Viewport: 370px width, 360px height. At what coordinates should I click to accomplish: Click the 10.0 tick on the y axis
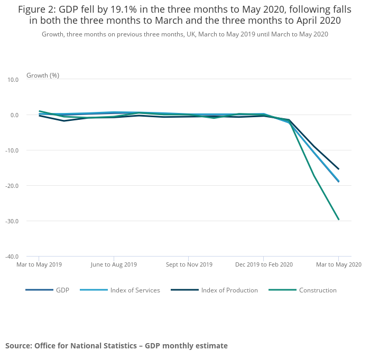tap(13, 80)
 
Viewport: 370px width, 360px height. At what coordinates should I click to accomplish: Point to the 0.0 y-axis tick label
tap(14, 115)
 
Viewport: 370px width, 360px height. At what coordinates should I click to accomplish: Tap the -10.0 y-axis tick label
tap(12, 150)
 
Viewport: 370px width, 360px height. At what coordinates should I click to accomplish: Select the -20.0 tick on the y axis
tap(12, 186)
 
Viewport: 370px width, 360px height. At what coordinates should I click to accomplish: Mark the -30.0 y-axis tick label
tap(12, 221)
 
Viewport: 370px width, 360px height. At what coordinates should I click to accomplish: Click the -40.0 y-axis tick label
tap(12, 257)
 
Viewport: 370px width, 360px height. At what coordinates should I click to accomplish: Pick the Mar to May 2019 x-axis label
tap(39, 264)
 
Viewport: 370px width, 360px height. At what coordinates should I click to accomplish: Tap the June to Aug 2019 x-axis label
tap(114, 264)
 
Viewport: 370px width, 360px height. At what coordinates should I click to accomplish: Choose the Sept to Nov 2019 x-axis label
tap(189, 264)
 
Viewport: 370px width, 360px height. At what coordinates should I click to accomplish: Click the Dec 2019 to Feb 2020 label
tap(264, 264)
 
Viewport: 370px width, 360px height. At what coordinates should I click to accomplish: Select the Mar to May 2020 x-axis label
tap(338, 264)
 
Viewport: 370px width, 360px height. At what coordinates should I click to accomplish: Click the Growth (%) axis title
tap(43, 75)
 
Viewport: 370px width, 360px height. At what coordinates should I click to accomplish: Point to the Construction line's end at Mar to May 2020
tap(338, 219)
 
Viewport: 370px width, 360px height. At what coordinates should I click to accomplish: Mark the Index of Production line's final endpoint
tap(338, 169)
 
